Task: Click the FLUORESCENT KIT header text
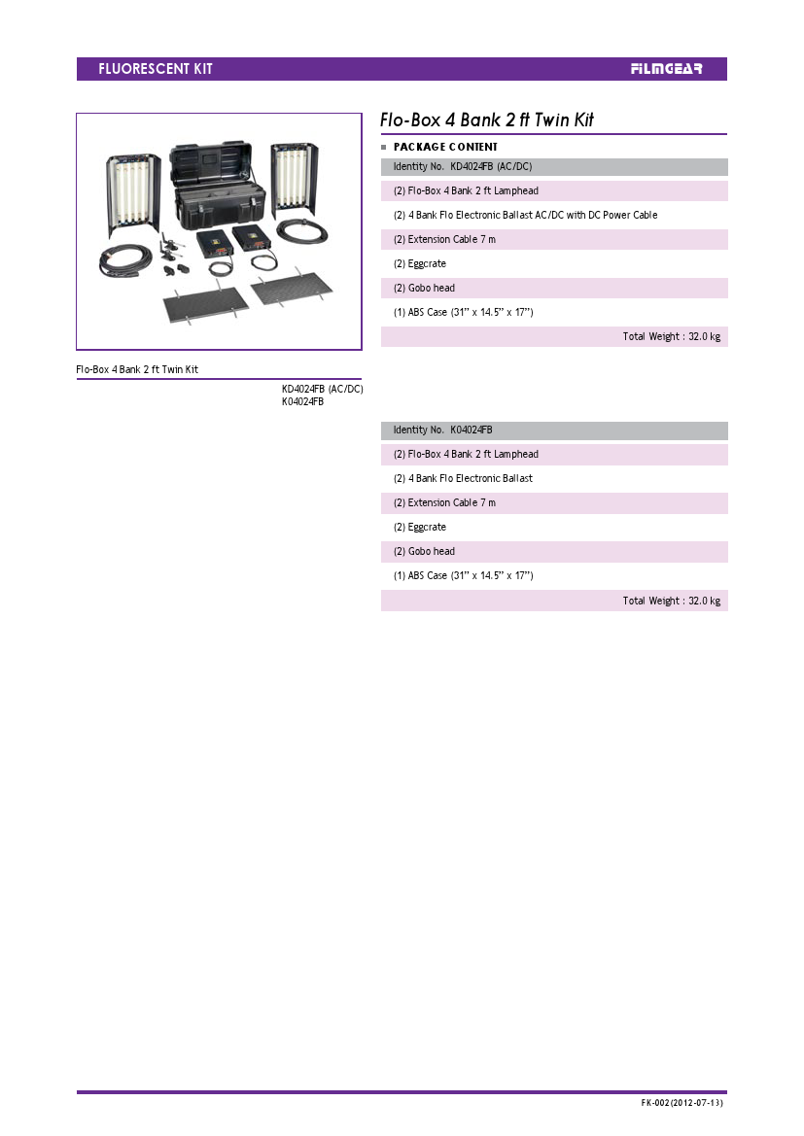pos(156,69)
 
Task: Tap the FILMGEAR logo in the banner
pos(666,69)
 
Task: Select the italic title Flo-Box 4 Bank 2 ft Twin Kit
pos(486,120)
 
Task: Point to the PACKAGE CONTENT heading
pos(445,147)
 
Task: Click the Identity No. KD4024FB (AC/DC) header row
pos(554,166)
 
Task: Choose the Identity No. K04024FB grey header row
pos(554,430)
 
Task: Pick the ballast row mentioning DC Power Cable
pos(526,215)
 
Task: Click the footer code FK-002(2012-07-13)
pos(682,1103)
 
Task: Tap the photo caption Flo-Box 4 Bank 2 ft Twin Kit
pos(137,369)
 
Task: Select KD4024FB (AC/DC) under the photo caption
pos(323,389)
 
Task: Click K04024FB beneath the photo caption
pos(303,401)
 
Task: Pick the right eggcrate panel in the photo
pos(292,288)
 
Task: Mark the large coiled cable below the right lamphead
pos(302,232)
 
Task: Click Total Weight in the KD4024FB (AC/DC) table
pos(672,337)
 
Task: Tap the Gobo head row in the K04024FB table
pos(424,551)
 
